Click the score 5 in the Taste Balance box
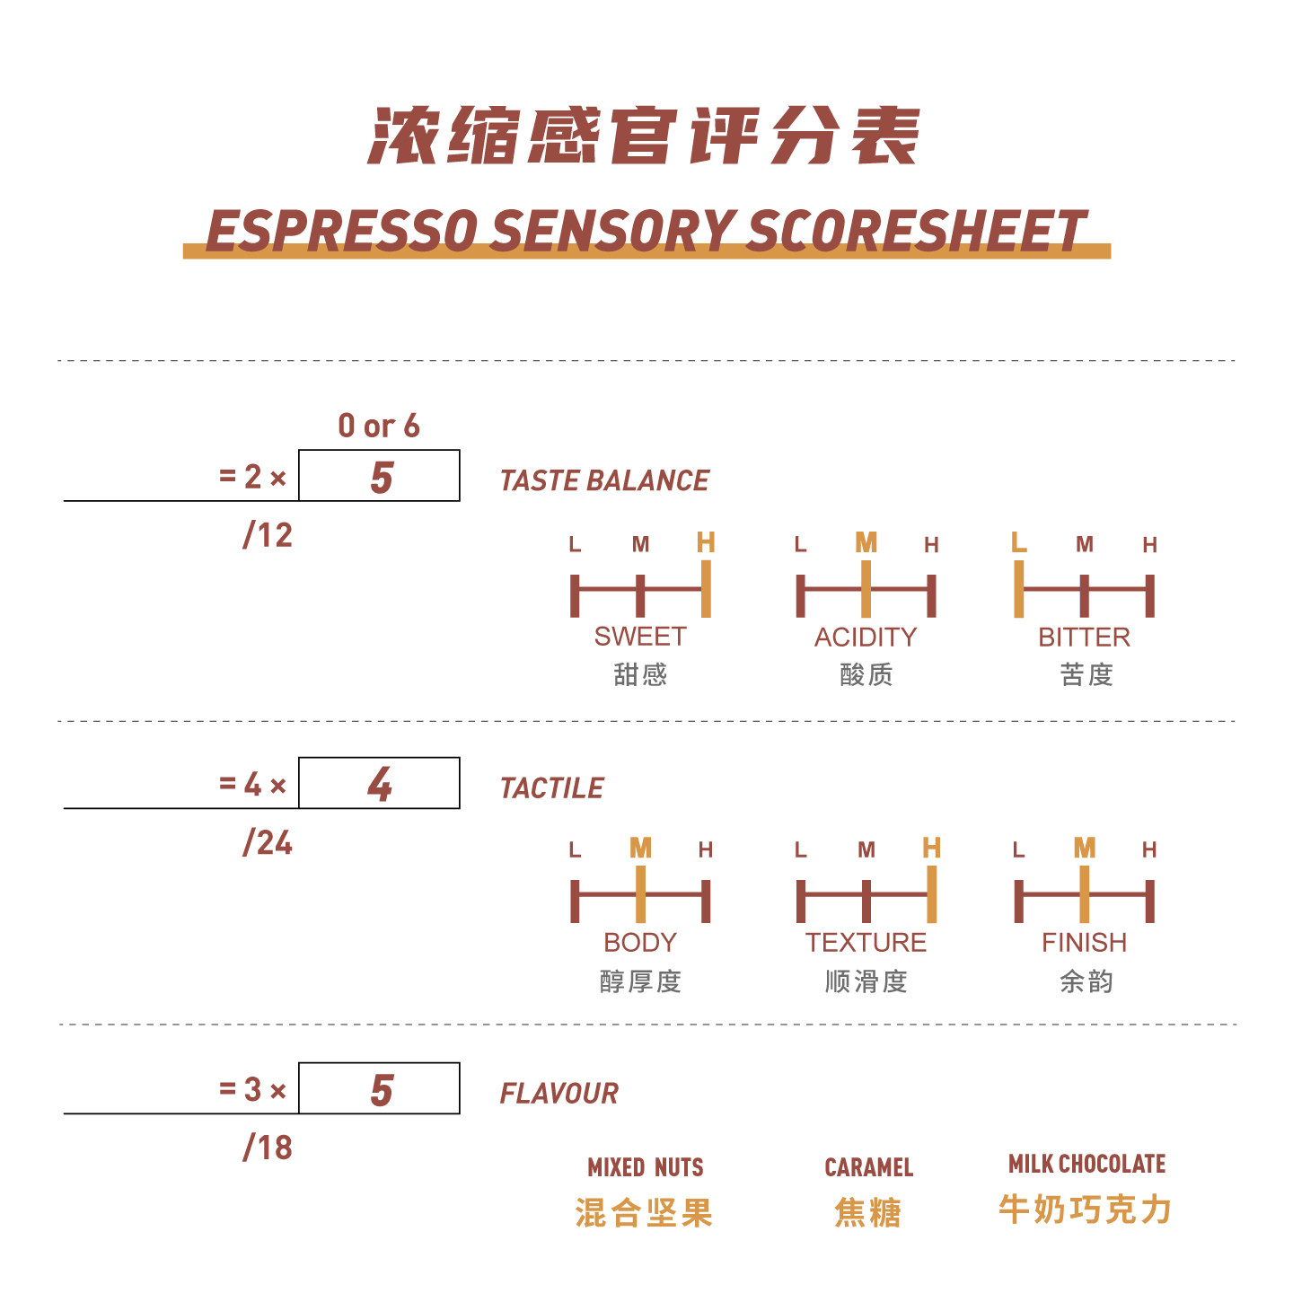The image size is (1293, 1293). pos(382,477)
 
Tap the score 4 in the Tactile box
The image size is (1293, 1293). pos(380,784)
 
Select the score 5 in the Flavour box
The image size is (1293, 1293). pos(382,1090)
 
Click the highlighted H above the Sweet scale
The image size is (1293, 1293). pos(706,542)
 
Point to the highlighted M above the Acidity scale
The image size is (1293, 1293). pos(866,542)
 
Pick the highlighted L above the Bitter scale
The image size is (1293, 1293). pos(1018,542)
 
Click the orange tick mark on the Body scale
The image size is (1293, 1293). pos(640,894)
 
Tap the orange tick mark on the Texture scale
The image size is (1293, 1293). pos(932,894)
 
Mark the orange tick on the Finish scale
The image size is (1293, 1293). pos(1085,894)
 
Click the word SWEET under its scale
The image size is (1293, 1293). pos(639,637)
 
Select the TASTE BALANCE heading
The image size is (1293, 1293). pos(604,481)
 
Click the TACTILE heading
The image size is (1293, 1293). pos(551,788)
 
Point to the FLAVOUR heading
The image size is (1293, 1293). pos(559,1094)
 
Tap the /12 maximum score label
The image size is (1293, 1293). pos(268,535)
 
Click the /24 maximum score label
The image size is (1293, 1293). pos(268,842)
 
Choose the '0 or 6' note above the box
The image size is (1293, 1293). pos(379,426)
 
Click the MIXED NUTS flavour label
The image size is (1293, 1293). pos(645,1167)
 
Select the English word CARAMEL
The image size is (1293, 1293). pos(868,1167)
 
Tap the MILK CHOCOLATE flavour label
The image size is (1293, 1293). pos(1086,1164)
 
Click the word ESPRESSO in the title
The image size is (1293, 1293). pos(341,230)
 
